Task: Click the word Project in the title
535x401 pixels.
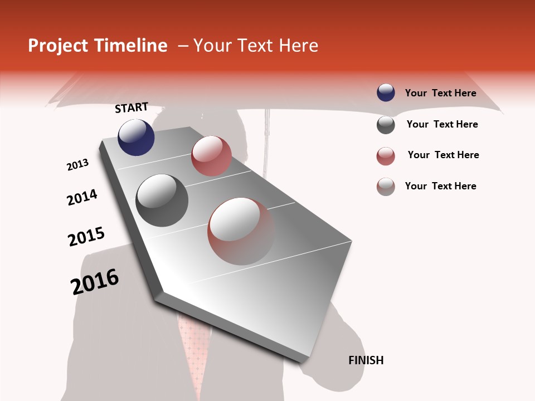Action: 59,46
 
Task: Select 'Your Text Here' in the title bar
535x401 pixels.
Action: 256,46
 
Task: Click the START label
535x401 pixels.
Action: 132,107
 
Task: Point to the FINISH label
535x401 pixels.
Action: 366,360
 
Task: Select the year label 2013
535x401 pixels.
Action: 77,165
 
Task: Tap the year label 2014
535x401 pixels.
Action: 82,198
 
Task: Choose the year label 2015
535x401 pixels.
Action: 86,237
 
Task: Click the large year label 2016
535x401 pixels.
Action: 95,282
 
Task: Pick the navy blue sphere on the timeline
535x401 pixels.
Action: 136,137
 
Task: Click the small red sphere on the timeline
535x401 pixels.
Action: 211,156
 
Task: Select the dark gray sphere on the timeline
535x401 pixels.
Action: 162,200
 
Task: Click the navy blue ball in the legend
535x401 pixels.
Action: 386,93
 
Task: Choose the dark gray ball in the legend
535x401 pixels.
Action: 386,125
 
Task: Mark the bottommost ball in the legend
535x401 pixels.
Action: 386,187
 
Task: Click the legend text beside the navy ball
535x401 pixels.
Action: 440,93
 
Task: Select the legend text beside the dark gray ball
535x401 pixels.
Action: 442,124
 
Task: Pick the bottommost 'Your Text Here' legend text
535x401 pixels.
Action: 440,186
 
